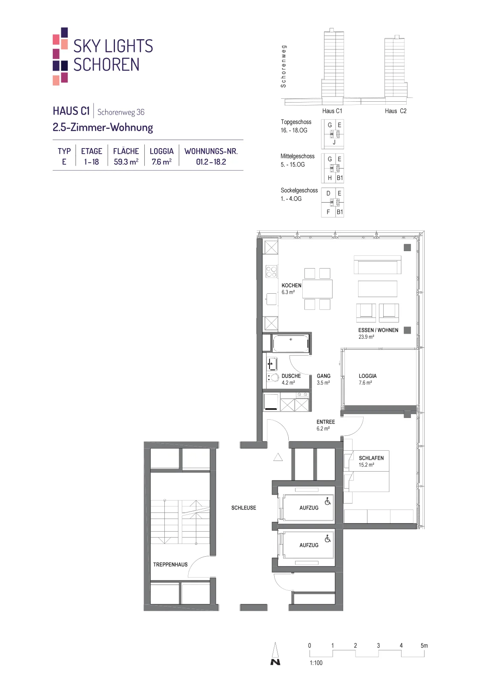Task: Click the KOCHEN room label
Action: pyautogui.click(x=291, y=286)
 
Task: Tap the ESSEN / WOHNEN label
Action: pyautogui.click(x=378, y=330)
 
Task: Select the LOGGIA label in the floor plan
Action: pyautogui.click(x=367, y=376)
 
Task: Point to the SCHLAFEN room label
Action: pyautogui.click(x=371, y=458)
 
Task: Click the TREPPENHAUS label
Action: pyautogui.click(x=170, y=564)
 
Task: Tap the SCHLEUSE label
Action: pyautogui.click(x=244, y=508)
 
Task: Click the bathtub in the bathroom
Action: pyautogui.click(x=291, y=343)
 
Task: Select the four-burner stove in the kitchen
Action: pyautogui.click(x=271, y=272)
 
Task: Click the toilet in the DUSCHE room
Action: pyautogui.click(x=273, y=378)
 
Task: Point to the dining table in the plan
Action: pyautogui.click(x=318, y=289)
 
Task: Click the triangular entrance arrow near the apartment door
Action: pyautogui.click(x=278, y=457)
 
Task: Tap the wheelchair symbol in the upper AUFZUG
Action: pyautogui.click(x=327, y=501)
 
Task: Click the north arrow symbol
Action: pyautogui.click(x=275, y=653)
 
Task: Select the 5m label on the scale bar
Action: pyautogui.click(x=424, y=645)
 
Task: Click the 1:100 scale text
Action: pyautogui.click(x=316, y=663)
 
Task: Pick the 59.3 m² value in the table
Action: pyautogui.click(x=126, y=162)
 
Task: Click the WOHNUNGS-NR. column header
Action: pyautogui.click(x=211, y=151)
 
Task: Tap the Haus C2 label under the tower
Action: pyautogui.click(x=396, y=111)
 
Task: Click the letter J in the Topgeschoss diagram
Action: pyautogui.click(x=334, y=142)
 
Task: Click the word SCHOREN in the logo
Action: pyautogui.click(x=106, y=64)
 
